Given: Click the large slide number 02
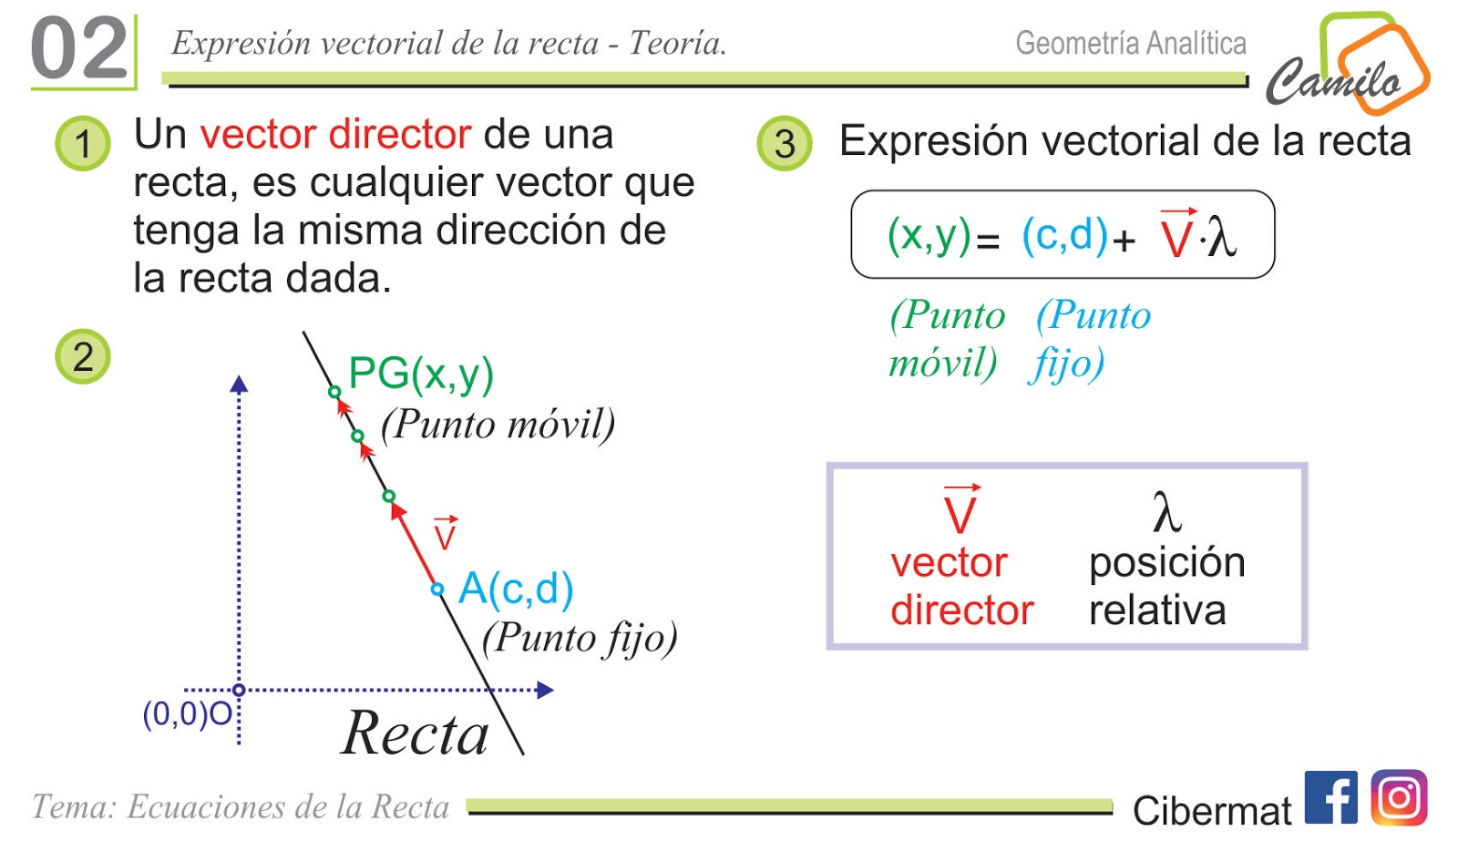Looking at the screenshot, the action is [79, 49].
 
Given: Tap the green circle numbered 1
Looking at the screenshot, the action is [83, 144].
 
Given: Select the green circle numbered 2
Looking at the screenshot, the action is [83, 356].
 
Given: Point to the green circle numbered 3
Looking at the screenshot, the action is [785, 144].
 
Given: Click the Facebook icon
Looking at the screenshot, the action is [1330, 797].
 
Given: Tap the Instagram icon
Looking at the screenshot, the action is [1399, 797].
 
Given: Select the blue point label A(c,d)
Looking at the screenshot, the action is [516, 589].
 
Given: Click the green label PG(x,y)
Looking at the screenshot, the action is [421, 374].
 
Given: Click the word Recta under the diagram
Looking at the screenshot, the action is [416, 733].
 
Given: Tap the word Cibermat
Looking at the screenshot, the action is [1211, 810].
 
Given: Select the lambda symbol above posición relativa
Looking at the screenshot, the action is [1166, 512].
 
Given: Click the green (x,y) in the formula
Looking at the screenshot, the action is [929, 235].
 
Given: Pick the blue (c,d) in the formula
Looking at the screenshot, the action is [1064, 235].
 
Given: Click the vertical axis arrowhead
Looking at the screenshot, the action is [239, 384].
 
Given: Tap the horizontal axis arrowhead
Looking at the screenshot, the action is [545, 690].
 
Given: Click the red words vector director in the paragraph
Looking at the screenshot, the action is [335, 135].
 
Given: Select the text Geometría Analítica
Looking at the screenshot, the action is [1131, 43].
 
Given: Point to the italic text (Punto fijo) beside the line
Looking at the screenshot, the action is [580, 638].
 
